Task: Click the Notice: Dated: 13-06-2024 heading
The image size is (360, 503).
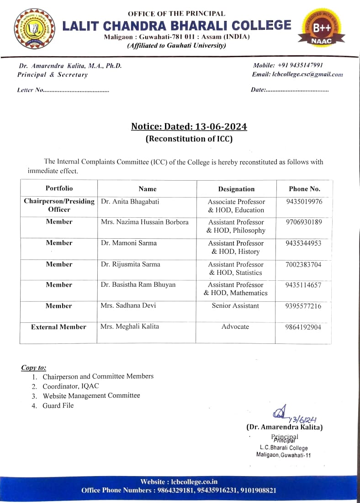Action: (189, 127)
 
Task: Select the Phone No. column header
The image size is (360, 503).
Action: (304, 188)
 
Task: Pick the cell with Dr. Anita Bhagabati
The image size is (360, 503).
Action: (130, 202)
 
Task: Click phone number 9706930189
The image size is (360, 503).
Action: (303, 222)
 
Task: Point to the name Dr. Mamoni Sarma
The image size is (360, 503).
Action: (128, 243)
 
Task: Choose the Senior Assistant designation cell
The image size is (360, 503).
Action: (235, 305)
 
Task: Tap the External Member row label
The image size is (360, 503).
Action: (58, 327)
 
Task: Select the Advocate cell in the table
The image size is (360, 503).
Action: (235, 326)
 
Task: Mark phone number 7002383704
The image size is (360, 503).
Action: (303, 264)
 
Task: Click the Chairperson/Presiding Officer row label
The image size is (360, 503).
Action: (59, 205)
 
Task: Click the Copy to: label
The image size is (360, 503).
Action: (33, 368)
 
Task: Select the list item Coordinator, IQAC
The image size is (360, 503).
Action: (70, 386)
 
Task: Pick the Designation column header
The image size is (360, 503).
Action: (236, 189)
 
